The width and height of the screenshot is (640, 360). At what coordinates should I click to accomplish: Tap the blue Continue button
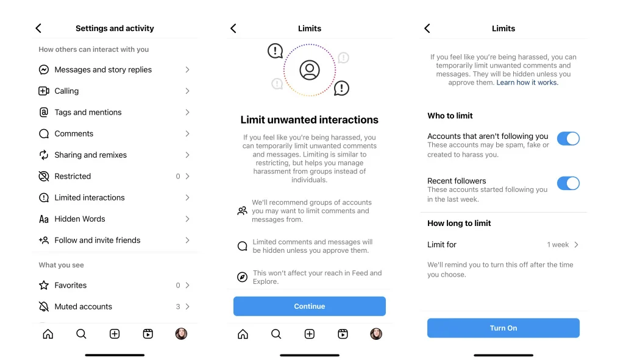(x=310, y=306)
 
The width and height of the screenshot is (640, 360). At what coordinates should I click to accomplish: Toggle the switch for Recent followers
(x=568, y=183)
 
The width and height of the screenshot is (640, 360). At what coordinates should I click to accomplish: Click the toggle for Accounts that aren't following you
(x=568, y=139)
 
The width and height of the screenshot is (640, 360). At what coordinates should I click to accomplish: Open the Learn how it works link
(x=527, y=82)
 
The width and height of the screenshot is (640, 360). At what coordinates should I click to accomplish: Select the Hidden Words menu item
(x=80, y=219)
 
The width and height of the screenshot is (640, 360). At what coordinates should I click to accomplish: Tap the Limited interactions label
(x=90, y=198)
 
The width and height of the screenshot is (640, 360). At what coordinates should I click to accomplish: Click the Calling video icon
(x=44, y=91)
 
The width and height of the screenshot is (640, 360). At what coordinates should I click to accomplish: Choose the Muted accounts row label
(x=84, y=306)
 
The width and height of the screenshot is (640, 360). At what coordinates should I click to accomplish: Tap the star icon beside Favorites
(x=44, y=285)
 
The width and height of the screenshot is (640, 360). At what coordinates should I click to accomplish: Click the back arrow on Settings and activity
(x=38, y=28)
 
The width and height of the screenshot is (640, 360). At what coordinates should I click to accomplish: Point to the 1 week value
(x=558, y=245)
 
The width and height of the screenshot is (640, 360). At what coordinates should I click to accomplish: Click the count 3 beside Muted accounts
(x=178, y=306)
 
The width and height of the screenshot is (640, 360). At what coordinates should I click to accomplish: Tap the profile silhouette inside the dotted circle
(x=310, y=70)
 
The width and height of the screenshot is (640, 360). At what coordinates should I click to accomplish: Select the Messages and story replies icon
(x=44, y=69)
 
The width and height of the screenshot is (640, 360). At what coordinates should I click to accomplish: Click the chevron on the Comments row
(x=187, y=134)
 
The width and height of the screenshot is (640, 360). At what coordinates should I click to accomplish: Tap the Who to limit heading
(x=450, y=116)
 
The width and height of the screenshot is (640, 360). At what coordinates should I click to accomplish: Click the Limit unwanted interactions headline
(x=310, y=120)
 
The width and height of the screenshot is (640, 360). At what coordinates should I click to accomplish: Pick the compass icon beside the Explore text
(x=243, y=277)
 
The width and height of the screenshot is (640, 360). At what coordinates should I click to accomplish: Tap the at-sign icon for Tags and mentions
(x=44, y=112)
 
